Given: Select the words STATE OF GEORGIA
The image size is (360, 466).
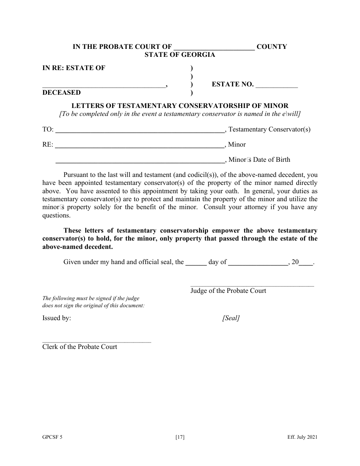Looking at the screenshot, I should click(180, 55).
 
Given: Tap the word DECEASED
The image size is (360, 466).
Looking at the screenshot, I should click(61, 92).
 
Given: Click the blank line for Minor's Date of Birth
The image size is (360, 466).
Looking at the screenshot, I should click(140, 161).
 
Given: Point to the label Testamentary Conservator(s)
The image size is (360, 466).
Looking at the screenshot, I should click(269, 129).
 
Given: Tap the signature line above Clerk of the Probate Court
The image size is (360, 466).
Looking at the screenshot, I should click(97, 342).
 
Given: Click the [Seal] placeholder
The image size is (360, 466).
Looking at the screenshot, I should click(231, 318).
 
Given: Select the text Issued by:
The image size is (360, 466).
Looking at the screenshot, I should click(56, 318).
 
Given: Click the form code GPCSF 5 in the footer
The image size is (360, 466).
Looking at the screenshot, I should click(52, 437).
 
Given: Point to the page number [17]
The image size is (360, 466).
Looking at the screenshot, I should click(180, 437).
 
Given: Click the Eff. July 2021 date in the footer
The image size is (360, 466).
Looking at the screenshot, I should click(302, 437).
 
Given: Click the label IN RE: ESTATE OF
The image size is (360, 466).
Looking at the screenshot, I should click(74, 68).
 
